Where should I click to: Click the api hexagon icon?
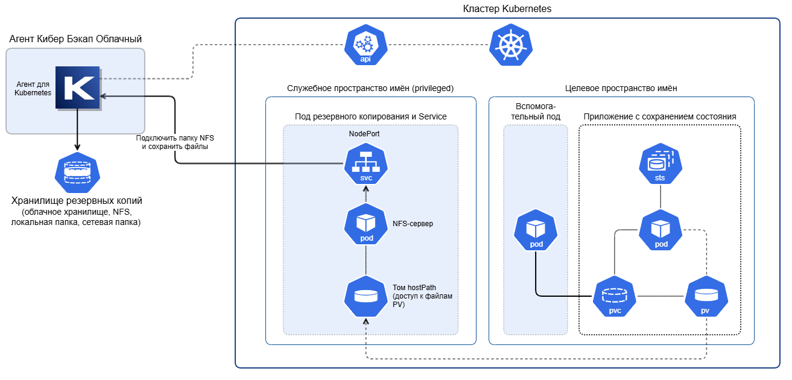click(x=366, y=45)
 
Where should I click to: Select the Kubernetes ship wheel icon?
click(x=511, y=45)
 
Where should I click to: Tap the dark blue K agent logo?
click(x=77, y=87)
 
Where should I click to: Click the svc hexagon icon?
click(x=366, y=163)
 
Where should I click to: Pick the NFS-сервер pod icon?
click(x=366, y=224)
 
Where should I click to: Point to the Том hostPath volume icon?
click(x=366, y=296)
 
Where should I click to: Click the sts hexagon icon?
click(x=661, y=163)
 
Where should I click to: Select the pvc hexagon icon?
click(x=615, y=296)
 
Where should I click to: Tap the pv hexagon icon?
click(x=706, y=296)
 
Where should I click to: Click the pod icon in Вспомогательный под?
click(x=536, y=230)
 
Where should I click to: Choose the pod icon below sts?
click(x=661, y=230)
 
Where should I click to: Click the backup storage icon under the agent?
click(x=77, y=173)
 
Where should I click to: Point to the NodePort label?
click(x=364, y=134)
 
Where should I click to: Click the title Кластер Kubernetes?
click(x=507, y=8)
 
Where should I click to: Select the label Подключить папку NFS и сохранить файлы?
click(x=175, y=142)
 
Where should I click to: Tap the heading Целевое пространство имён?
click(x=621, y=88)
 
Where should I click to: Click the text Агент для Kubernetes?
click(x=33, y=89)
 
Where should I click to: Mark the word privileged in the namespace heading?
click(x=432, y=88)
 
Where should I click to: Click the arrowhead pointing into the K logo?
click(x=103, y=96)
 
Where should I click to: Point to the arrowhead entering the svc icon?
click(x=366, y=188)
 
